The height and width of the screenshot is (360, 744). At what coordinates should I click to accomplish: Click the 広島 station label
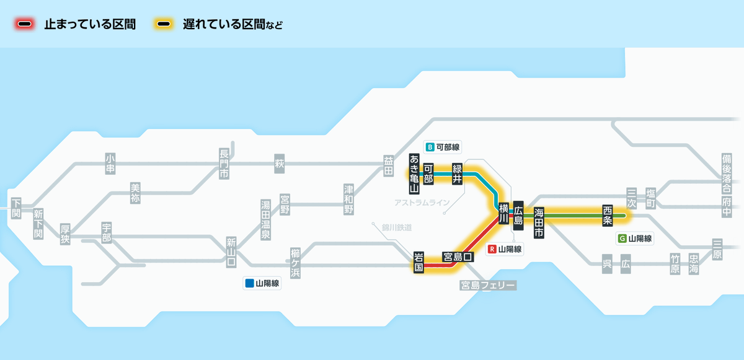[518, 216]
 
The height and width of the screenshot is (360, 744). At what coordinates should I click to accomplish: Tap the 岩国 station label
[418, 262]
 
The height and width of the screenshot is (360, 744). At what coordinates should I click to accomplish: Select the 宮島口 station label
[458, 257]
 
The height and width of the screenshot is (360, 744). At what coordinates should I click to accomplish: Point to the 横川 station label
[503, 213]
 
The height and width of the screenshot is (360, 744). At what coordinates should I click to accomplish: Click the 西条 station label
[608, 216]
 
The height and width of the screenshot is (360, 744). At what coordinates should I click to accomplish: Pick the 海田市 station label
[539, 222]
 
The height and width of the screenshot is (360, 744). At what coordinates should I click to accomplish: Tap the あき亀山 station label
[414, 173]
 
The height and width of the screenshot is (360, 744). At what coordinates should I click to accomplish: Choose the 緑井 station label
[458, 173]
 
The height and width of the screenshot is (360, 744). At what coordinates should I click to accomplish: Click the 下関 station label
[16, 208]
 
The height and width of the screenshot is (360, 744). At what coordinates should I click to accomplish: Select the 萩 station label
[280, 164]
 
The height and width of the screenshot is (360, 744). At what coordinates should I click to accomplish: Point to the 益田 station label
[388, 166]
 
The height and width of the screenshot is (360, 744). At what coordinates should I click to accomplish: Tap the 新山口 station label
[231, 252]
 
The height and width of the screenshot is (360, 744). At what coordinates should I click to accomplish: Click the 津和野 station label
[348, 200]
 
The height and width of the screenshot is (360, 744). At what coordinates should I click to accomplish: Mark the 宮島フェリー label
[488, 286]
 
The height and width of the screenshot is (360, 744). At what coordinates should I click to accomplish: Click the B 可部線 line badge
[443, 147]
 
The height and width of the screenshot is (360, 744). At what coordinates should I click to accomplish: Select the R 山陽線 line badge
[505, 249]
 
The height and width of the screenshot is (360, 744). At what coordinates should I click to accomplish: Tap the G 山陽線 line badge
[635, 238]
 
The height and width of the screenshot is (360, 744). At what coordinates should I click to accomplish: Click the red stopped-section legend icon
[25, 24]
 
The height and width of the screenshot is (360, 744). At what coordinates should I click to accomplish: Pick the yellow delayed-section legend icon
[164, 24]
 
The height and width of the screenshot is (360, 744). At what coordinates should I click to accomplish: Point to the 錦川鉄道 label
[397, 227]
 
